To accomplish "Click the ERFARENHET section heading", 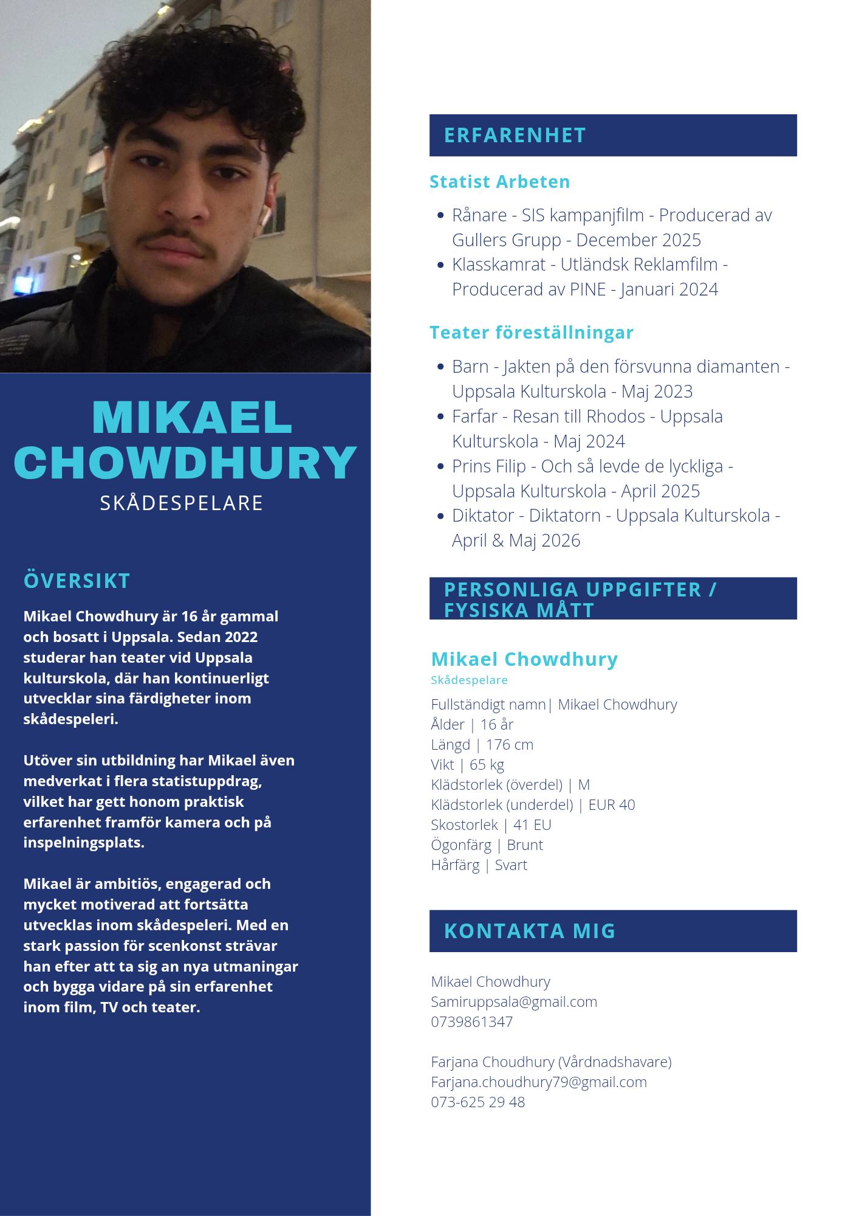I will tap(515, 135).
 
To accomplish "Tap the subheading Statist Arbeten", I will tap(499, 182).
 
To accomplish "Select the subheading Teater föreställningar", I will tap(531, 333).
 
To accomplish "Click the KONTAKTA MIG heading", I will tap(529, 931).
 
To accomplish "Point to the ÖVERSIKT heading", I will tap(77, 581).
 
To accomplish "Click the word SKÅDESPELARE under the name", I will tap(182, 503).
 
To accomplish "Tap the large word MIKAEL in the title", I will tap(192, 418).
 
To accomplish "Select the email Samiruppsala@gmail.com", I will tap(514, 1001).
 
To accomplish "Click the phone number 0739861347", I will tap(471, 1021).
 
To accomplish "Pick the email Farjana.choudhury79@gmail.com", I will tap(539, 1082).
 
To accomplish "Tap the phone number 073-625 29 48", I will tap(477, 1102).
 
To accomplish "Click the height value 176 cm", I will tap(510, 744).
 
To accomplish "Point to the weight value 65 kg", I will tap(487, 764).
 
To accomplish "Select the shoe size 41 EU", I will tap(532, 824).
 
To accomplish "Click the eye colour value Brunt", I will tap(525, 845).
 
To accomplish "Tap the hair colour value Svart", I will tap(511, 865).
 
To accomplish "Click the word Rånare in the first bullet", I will tap(479, 215).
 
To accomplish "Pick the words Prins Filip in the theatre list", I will tap(488, 466).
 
